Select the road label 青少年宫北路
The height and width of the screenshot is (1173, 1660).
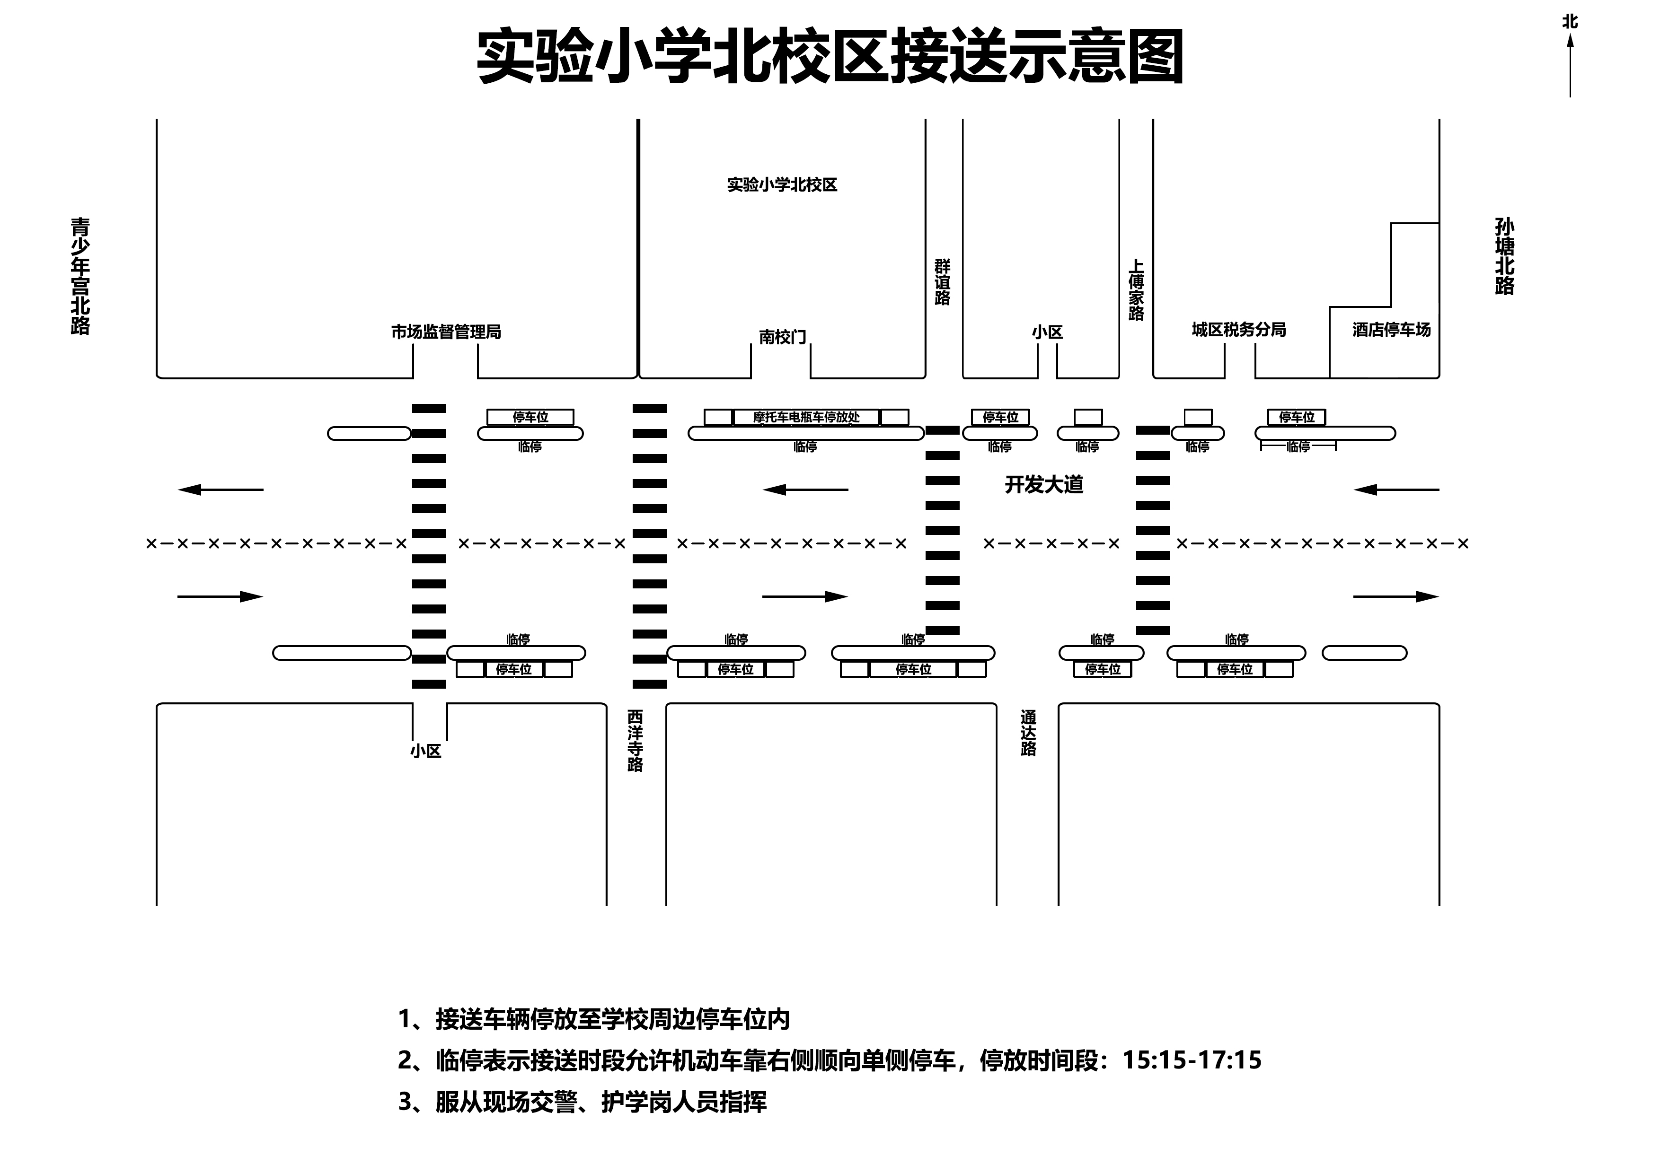pyautogui.click(x=80, y=276)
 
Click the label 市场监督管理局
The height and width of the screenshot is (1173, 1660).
pyautogui.click(x=446, y=332)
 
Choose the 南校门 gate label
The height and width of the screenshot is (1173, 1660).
pyautogui.click(x=782, y=337)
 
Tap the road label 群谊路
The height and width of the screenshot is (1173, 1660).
pyautogui.click(x=942, y=282)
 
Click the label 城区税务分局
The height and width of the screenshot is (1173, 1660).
pyautogui.click(x=1238, y=330)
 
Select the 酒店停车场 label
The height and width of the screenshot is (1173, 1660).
pyautogui.click(x=1391, y=330)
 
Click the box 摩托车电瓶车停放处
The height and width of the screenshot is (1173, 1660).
pyautogui.click(x=806, y=417)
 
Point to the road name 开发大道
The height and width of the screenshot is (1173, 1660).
pyautogui.click(x=1044, y=484)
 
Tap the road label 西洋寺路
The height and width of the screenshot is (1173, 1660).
pyautogui.click(x=635, y=741)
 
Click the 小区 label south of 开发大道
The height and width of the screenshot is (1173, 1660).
pyautogui.click(x=426, y=751)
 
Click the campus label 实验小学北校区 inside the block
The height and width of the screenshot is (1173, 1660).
pyautogui.click(x=782, y=185)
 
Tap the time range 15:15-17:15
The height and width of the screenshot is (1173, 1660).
pyautogui.click(x=1192, y=1060)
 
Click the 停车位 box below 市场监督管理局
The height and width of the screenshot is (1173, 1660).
pyautogui.click(x=530, y=417)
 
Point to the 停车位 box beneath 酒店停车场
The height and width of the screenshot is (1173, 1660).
pyautogui.click(x=1296, y=417)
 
